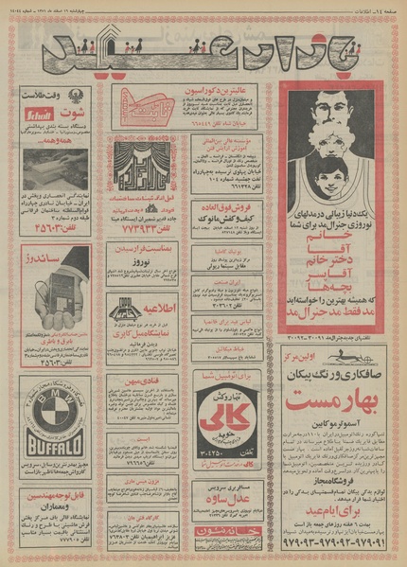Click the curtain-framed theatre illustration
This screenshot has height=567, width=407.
(145, 163)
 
